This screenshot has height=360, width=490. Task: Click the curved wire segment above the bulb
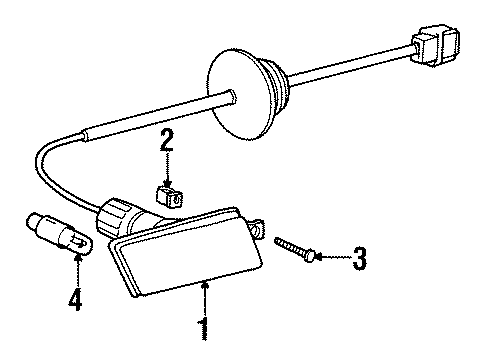click(45, 165)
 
